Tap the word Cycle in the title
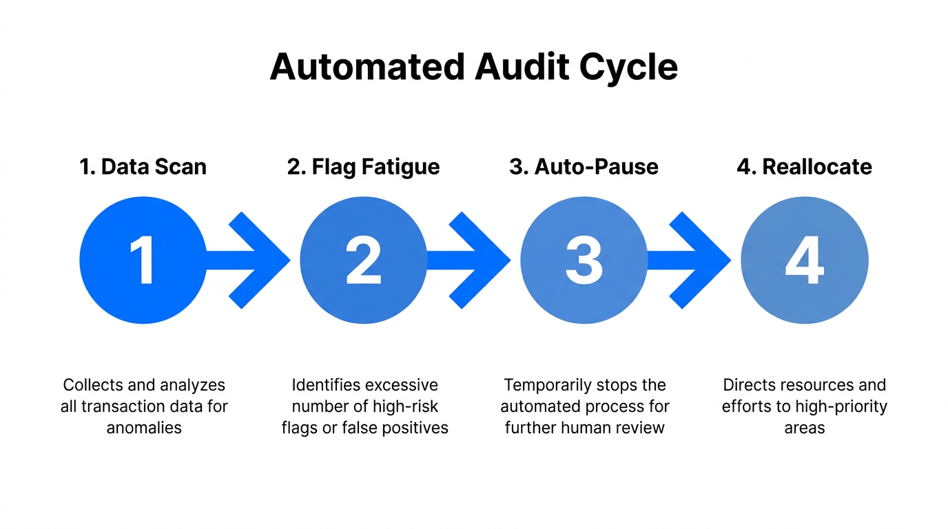click(x=628, y=68)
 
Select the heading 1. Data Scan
click(x=143, y=167)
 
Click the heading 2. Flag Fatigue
click(x=364, y=167)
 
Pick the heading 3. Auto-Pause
click(x=584, y=167)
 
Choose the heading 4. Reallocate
click(x=805, y=167)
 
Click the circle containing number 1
click(x=143, y=260)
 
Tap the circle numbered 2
click(x=364, y=260)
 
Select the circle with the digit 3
click(x=584, y=260)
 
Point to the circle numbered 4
click(x=805, y=260)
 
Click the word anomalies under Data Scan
click(x=144, y=428)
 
